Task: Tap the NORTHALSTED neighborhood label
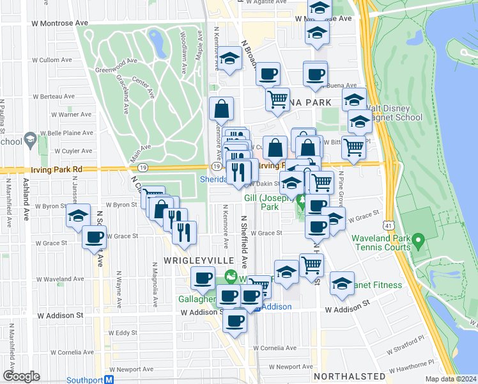tap(350, 376)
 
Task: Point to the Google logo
tap(21, 376)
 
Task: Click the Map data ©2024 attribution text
tap(450, 379)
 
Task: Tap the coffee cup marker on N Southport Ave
tap(95, 238)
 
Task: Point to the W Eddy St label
tap(123, 333)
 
